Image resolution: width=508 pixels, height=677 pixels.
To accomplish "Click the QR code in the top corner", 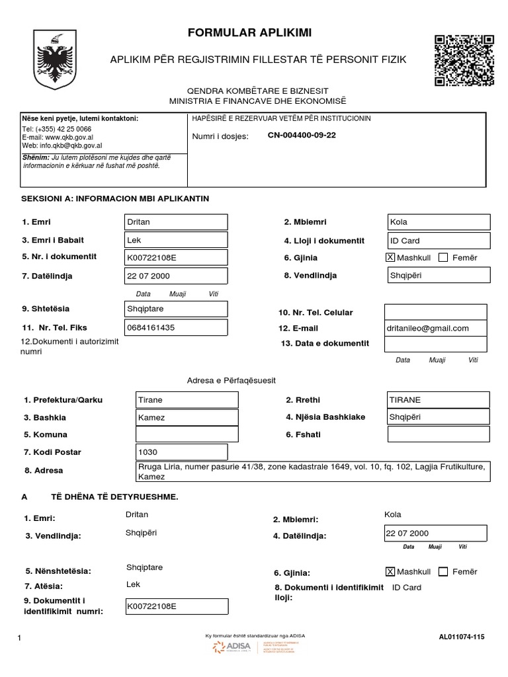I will [x=464, y=60].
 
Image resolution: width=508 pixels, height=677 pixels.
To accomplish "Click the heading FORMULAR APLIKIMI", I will [x=249, y=33].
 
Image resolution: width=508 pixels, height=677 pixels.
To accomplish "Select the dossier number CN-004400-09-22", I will [x=302, y=136].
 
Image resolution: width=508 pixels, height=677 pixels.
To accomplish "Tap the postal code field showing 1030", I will [x=181, y=452].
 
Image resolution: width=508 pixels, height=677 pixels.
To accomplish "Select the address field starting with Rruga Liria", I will [x=312, y=471].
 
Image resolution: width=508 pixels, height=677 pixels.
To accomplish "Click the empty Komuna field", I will [x=187, y=434].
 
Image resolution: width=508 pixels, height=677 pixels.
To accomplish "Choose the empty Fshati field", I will [x=438, y=434].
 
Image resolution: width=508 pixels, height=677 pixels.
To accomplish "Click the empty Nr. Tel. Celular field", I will [x=435, y=312].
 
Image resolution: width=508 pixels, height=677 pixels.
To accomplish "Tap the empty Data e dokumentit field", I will [x=435, y=344].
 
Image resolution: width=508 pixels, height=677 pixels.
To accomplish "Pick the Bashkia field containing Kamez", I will [x=187, y=417].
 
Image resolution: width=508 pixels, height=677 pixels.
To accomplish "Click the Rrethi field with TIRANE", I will [x=438, y=400].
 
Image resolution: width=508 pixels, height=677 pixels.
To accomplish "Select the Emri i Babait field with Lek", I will [x=176, y=240].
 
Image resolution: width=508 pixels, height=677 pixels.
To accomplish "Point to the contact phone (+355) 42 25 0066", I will [x=57, y=129].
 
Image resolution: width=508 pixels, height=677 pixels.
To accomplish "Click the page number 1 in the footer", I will [x=21, y=637].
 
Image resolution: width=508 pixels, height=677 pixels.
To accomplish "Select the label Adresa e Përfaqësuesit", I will [x=232, y=381].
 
